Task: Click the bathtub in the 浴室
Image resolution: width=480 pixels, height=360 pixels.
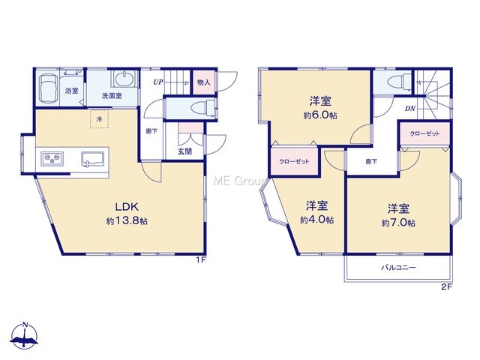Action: tap(48, 88)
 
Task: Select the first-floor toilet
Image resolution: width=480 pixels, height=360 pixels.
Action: tap(203, 108)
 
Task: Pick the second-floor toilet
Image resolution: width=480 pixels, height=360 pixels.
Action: tap(399, 82)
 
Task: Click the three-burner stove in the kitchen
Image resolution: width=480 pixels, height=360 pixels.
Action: tap(52, 159)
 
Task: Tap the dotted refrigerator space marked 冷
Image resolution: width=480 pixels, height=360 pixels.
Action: tap(99, 118)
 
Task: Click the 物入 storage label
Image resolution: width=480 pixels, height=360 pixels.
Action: tap(204, 82)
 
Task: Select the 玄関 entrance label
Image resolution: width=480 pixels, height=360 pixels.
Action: tap(185, 151)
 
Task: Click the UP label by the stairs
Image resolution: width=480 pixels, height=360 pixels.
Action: tap(158, 82)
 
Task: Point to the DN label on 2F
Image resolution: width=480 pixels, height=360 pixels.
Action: tap(410, 108)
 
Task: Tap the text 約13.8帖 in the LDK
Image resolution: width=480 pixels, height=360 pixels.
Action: tap(127, 220)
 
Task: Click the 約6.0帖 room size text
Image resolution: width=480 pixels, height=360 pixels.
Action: tap(320, 115)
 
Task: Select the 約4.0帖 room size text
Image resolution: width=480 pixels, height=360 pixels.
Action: tap(316, 220)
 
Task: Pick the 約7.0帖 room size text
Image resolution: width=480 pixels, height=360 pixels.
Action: tap(398, 223)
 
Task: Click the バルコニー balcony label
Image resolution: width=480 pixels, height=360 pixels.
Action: tap(398, 268)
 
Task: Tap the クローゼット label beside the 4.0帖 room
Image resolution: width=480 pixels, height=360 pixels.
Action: tap(294, 161)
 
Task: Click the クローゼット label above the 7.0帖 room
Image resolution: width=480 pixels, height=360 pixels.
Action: tap(425, 133)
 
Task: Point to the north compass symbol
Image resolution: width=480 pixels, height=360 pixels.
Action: tap(25, 335)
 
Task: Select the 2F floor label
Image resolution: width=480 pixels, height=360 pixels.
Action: tap(447, 286)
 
